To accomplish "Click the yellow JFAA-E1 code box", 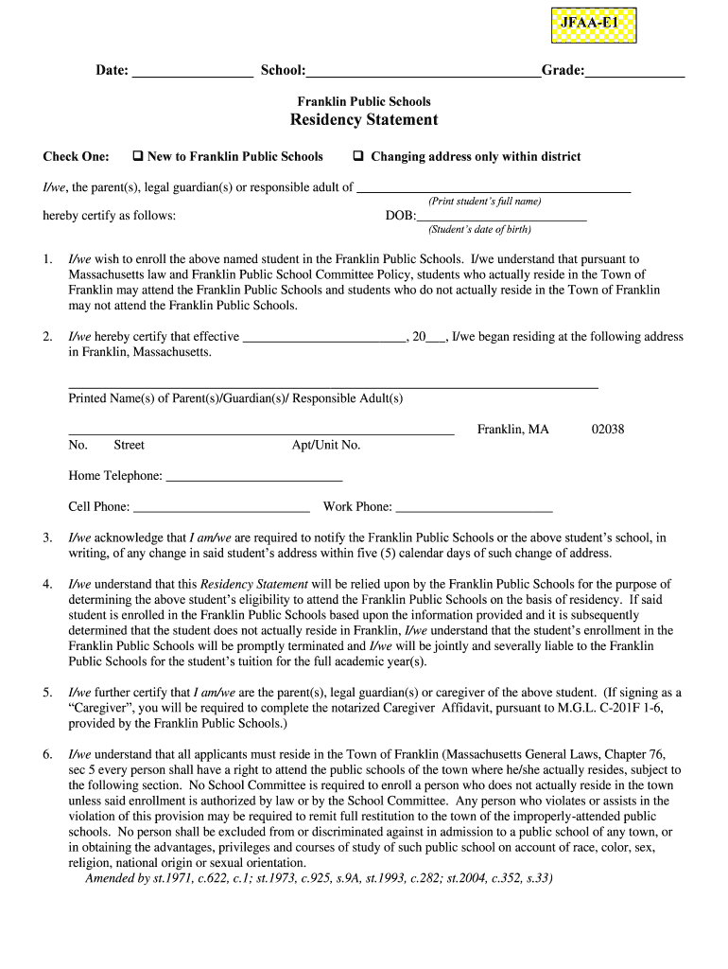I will pyautogui.click(x=594, y=26).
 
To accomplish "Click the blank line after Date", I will pyautogui.click(x=192, y=73).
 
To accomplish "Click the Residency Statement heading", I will pyautogui.click(x=364, y=120).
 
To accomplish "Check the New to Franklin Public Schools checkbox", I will pyautogui.click(x=137, y=156).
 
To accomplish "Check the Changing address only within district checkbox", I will pyautogui.click(x=359, y=156).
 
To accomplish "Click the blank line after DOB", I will pyautogui.click(x=501, y=217).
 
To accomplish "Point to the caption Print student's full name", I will pyautogui.click(x=484, y=202).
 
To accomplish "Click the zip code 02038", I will pyautogui.click(x=608, y=430).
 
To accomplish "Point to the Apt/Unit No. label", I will pyautogui.click(x=326, y=446).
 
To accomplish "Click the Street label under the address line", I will pyautogui.click(x=130, y=446).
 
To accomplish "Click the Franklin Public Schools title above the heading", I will pyautogui.click(x=364, y=101).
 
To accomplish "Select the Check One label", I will pyautogui.click(x=76, y=157).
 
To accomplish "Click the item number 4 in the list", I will pyautogui.click(x=47, y=585).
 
